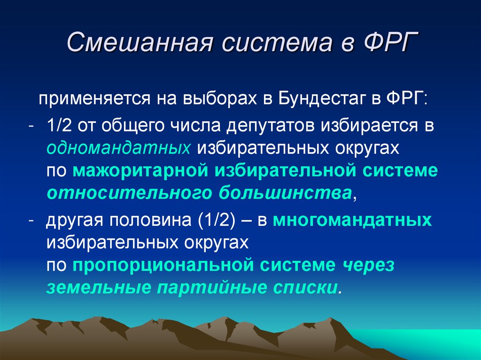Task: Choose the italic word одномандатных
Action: pyautogui.click(x=118, y=148)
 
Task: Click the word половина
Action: pyautogui.click(x=150, y=220)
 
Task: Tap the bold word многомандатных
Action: pyautogui.click(x=352, y=220)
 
